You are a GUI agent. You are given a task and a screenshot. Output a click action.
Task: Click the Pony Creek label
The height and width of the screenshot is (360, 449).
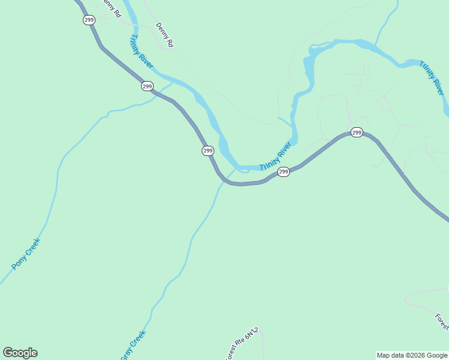tap(26, 254)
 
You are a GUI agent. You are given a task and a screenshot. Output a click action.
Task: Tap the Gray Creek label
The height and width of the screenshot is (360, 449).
tap(133, 346)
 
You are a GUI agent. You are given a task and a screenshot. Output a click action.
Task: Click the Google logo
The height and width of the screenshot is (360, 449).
tap(20, 353)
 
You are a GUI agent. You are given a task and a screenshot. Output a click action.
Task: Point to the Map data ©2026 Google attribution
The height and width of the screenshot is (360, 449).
tap(412, 355)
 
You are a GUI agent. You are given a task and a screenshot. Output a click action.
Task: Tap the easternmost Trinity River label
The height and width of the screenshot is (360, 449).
tap(432, 78)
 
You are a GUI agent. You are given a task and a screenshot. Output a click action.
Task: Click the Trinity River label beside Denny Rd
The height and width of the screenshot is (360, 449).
tap(141, 51)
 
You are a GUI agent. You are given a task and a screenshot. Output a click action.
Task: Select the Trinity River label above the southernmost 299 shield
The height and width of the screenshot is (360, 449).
tap(276, 156)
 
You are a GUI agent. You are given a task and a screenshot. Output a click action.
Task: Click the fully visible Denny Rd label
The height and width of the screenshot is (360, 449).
tap(164, 35)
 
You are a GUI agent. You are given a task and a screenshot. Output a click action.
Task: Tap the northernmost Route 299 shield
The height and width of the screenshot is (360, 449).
tap(89, 20)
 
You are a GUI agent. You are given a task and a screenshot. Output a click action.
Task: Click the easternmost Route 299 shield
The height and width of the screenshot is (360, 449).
tap(357, 132)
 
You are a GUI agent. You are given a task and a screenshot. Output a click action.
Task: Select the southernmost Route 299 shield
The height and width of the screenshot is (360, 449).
tap(284, 172)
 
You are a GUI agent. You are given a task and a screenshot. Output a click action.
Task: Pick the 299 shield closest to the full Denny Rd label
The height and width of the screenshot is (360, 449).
tap(147, 86)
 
